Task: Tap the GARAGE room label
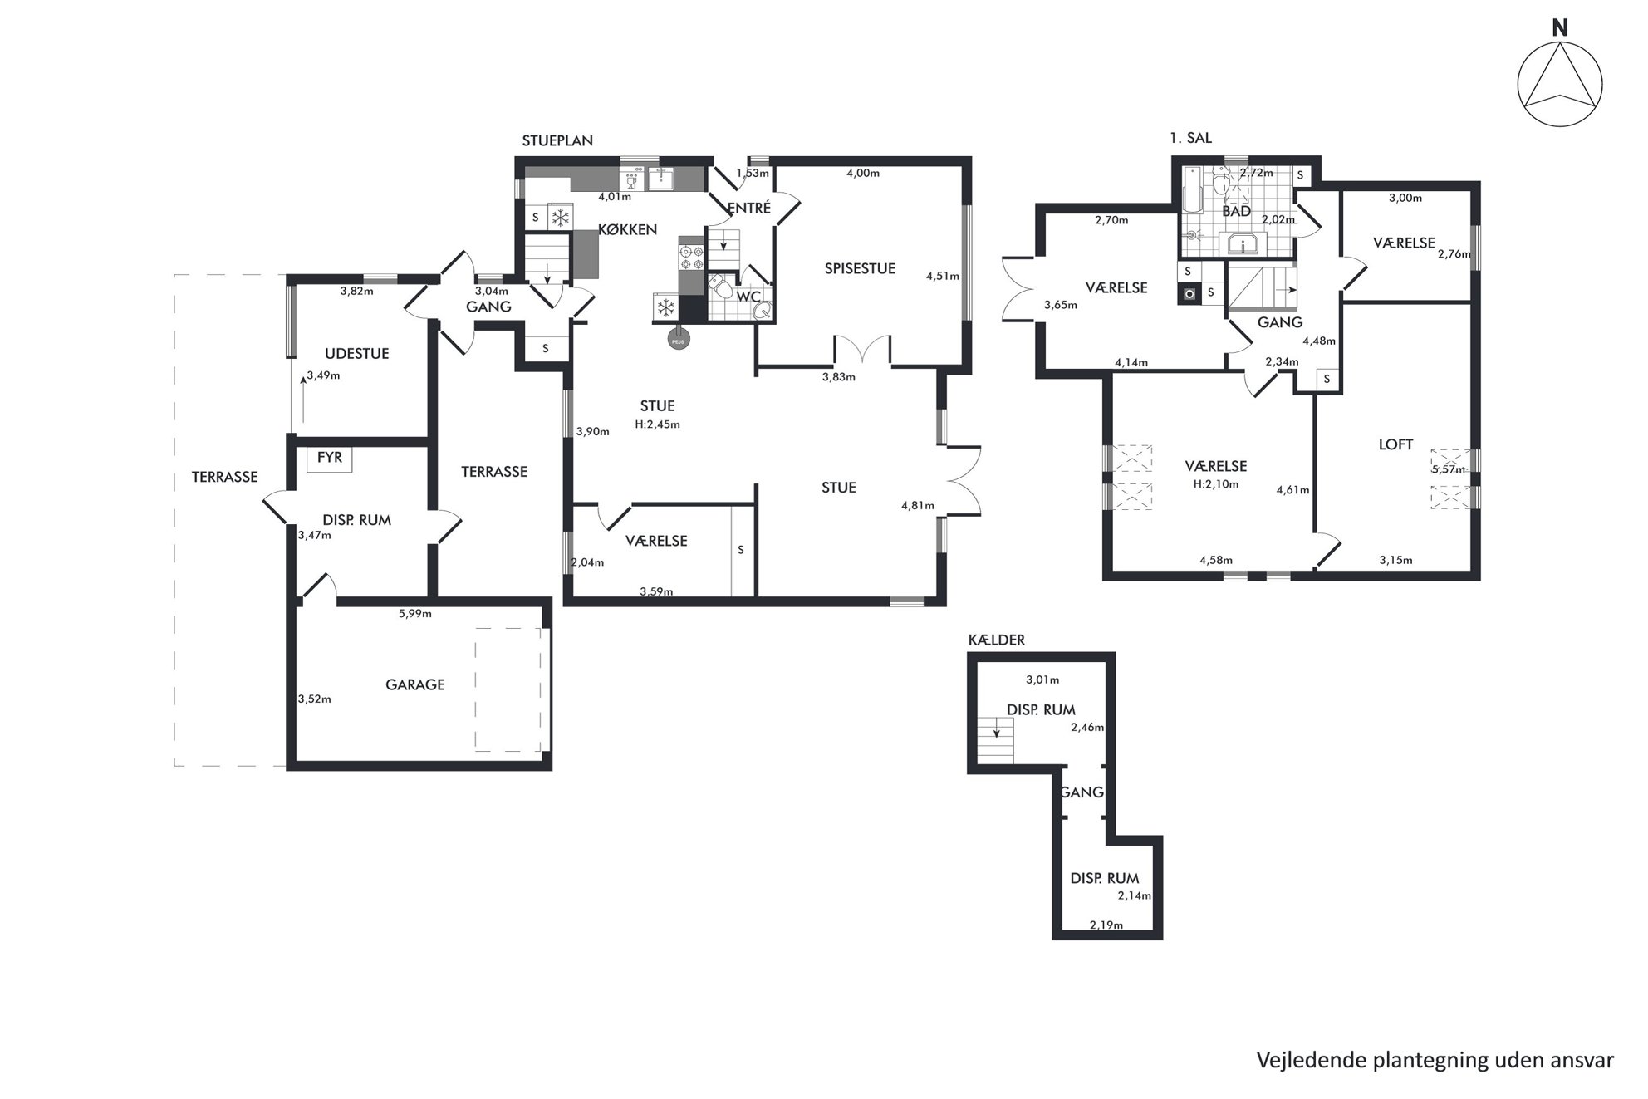point(414,684)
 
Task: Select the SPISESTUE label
point(860,268)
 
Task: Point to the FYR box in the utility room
point(330,459)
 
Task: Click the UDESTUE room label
point(356,353)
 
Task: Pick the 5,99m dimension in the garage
point(414,614)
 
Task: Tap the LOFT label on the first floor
point(1395,444)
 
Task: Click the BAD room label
point(1236,211)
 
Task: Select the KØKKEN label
point(627,229)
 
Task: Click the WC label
point(748,297)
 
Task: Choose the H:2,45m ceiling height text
point(657,424)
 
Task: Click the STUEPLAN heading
point(557,141)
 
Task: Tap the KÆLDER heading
point(997,640)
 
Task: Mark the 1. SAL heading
point(1190,138)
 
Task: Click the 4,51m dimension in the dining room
point(943,277)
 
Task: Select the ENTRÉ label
point(748,208)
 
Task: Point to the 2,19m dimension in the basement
point(1106,925)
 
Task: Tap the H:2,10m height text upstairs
point(1215,484)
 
